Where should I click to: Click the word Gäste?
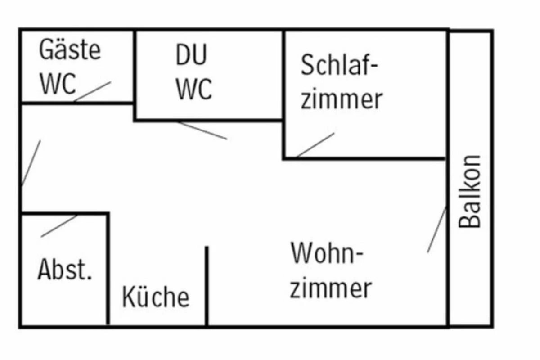pos(70,50)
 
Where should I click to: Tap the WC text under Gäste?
pos(58,84)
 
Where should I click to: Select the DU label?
pos(191,55)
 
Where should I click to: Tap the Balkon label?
pos(471,191)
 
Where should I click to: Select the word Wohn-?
pos(327,253)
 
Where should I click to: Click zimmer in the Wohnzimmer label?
pos(331,288)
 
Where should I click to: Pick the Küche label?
pos(156,297)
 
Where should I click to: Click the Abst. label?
pos(65,270)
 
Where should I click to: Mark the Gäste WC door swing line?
pos(93,91)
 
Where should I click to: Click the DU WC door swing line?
pos(202,130)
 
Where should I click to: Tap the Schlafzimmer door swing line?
pos(315,145)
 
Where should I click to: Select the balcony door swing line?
pos(436,229)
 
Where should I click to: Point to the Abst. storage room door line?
pos(59,226)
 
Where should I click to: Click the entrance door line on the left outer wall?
pos(31,163)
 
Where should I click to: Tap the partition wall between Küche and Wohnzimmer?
pos(207,286)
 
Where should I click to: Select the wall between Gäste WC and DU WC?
pos(135,67)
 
